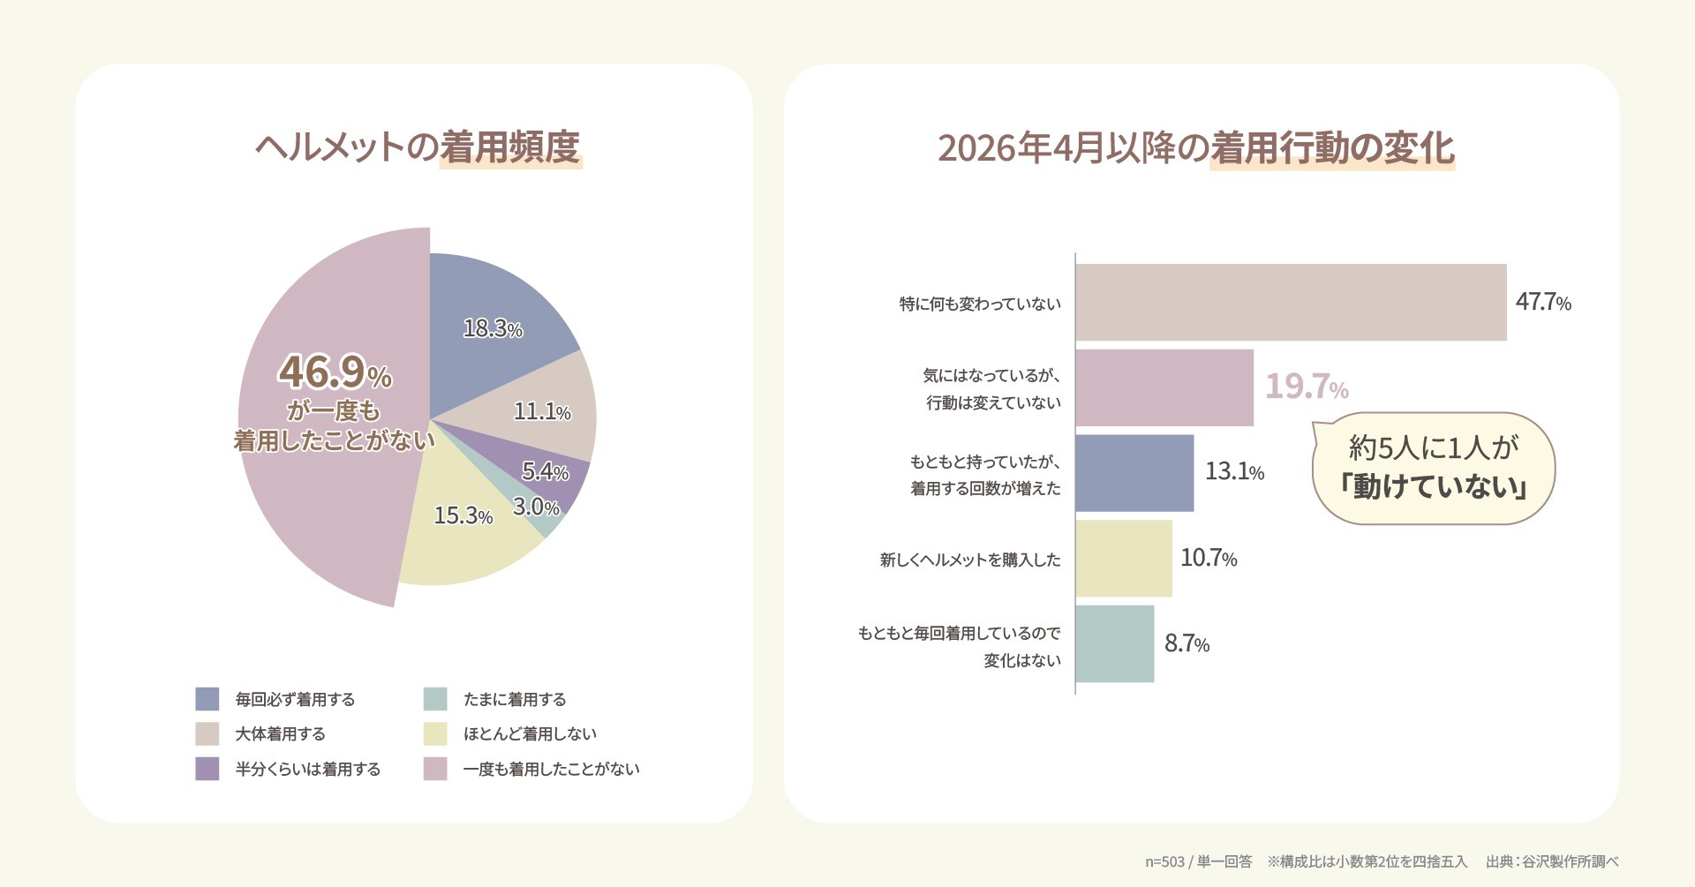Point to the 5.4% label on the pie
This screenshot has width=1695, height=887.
click(545, 471)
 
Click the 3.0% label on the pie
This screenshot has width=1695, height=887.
click(536, 507)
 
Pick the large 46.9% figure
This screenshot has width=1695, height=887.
click(335, 372)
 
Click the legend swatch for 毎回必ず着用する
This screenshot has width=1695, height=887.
click(207, 699)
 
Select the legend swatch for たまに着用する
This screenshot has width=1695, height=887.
click(435, 699)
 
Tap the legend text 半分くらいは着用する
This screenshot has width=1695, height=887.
click(307, 769)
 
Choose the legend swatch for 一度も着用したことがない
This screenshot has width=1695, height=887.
click(435, 769)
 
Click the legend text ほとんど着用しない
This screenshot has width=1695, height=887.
click(530, 733)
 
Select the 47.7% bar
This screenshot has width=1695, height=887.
click(1291, 302)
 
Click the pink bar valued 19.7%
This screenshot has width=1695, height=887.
click(1164, 387)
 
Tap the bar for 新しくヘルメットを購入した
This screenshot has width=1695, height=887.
click(1124, 559)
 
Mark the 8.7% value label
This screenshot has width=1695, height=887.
click(1186, 643)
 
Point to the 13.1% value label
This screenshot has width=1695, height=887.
click(1234, 471)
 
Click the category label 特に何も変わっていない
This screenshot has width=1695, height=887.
click(980, 304)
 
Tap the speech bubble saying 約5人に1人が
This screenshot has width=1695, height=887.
click(1433, 468)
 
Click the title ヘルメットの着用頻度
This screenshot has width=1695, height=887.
click(418, 147)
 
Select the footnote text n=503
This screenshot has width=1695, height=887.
click(1165, 861)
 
